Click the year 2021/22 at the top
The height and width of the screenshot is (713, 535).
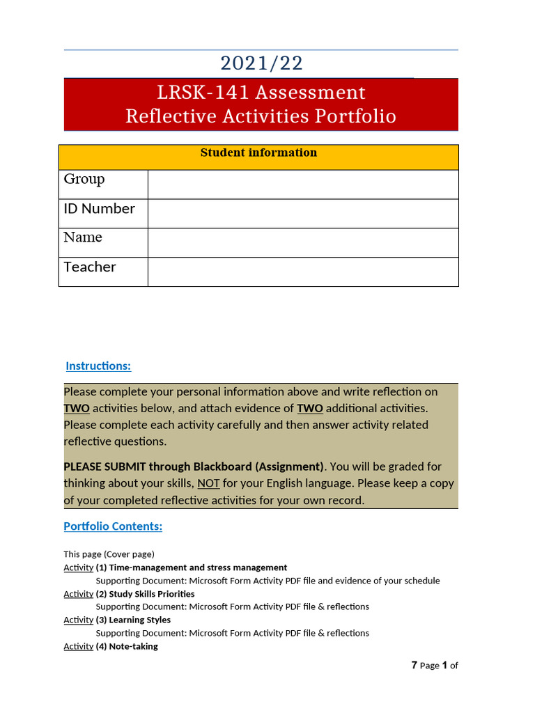click(x=261, y=63)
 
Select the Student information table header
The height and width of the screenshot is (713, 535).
click(x=258, y=153)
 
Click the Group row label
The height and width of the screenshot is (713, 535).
click(x=84, y=180)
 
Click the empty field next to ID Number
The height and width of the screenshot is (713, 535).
click(x=303, y=213)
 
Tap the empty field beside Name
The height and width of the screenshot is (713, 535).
click(x=303, y=242)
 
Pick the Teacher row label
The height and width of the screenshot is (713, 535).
click(x=90, y=267)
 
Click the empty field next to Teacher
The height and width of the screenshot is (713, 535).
click(x=303, y=272)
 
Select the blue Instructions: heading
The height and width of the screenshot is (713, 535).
click(x=98, y=366)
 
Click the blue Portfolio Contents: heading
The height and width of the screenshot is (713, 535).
click(x=113, y=526)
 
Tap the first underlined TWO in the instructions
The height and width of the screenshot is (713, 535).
click(x=77, y=409)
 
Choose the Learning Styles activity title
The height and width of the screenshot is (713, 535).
click(x=139, y=620)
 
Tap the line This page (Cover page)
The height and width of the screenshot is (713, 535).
click(x=109, y=554)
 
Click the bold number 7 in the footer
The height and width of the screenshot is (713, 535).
click(x=414, y=665)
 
